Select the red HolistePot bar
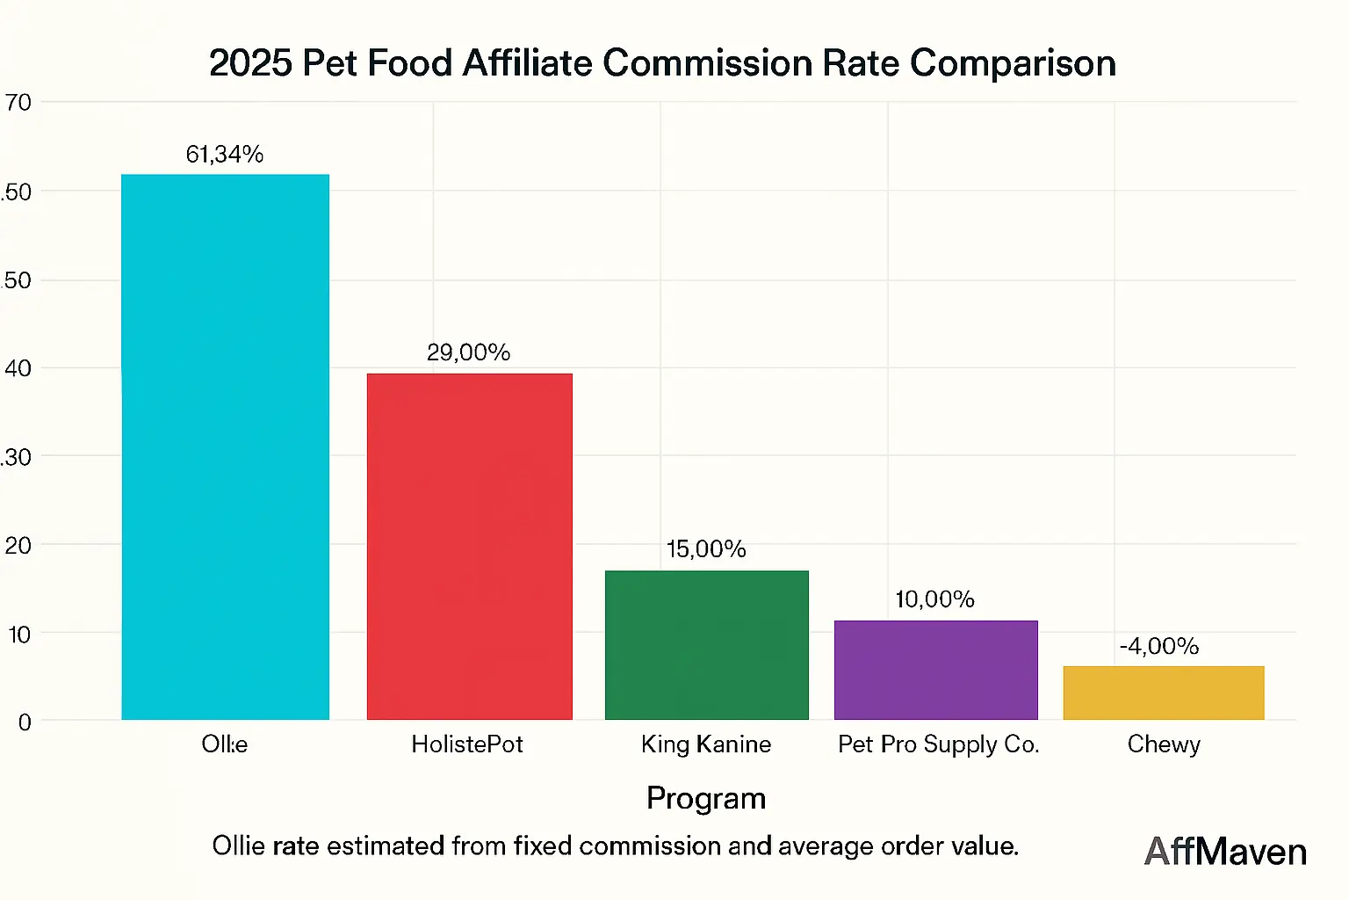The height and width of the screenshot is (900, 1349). click(x=469, y=547)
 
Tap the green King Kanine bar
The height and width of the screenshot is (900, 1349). click(x=706, y=645)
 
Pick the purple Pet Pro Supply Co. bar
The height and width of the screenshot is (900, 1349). click(x=935, y=670)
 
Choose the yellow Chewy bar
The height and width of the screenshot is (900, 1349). click(x=1163, y=693)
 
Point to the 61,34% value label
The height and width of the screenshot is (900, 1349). click(x=225, y=155)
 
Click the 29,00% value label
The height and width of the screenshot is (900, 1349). click(x=468, y=352)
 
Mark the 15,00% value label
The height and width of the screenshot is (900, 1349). click(x=706, y=549)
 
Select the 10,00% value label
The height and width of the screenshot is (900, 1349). click(x=934, y=599)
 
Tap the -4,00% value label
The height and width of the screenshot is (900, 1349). click(x=1158, y=646)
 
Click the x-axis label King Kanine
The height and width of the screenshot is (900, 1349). click(x=706, y=744)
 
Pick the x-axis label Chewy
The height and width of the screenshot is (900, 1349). click(x=1164, y=744)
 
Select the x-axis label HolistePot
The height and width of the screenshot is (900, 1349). click(x=467, y=744)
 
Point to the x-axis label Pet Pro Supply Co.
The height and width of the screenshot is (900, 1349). click(x=938, y=744)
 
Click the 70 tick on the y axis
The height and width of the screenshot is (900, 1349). click(x=18, y=103)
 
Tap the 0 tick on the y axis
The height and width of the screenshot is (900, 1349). click(x=25, y=722)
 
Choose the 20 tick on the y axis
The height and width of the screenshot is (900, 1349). click(x=18, y=546)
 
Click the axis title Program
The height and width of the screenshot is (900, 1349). click(x=706, y=798)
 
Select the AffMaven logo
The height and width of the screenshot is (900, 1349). click(x=1225, y=851)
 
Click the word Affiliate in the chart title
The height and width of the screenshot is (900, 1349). click(x=527, y=63)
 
